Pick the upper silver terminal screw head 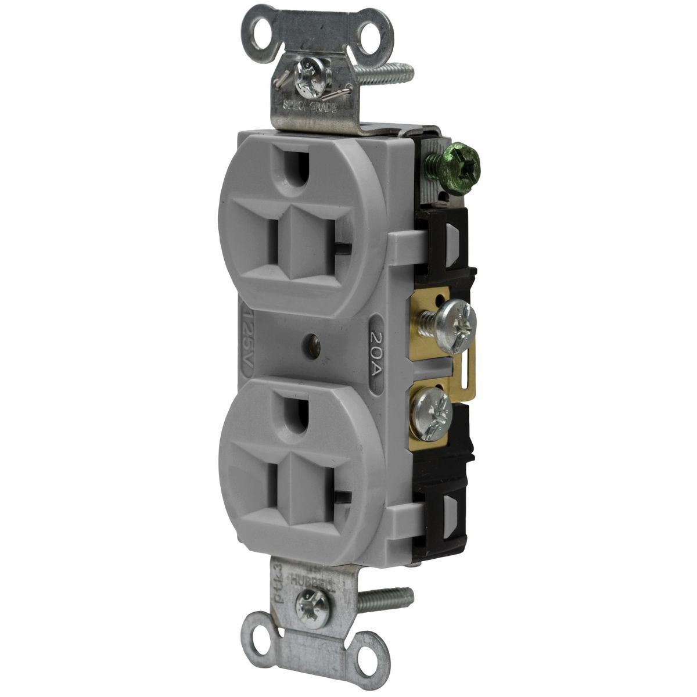(x=456, y=318)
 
